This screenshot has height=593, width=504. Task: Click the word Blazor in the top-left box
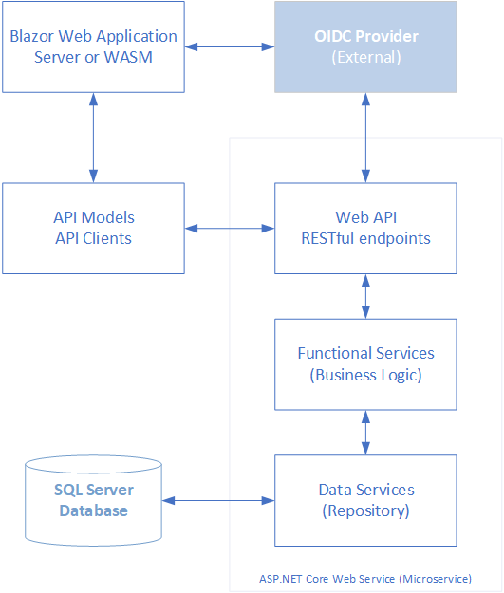32,36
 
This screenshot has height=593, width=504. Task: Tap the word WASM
128,57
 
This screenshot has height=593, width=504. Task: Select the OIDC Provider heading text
366,36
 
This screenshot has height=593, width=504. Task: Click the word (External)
366,58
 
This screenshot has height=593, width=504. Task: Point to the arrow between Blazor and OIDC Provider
230,46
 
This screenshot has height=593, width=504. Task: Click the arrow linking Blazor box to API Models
93,138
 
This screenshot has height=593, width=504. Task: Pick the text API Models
94,217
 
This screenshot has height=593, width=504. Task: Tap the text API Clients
93,239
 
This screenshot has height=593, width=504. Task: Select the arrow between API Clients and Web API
230,228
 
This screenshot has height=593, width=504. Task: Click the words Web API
365,217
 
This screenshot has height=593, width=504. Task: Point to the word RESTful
327,239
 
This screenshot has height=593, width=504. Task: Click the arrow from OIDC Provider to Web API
365,138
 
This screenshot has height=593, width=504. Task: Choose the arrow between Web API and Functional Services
365,296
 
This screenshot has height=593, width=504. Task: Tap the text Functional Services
365,353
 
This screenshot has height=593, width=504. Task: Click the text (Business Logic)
365,375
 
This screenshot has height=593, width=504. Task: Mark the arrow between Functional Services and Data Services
365,433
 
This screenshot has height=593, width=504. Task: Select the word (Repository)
365,511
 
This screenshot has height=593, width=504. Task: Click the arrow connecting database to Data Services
218,500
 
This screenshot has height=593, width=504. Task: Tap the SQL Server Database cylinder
93,500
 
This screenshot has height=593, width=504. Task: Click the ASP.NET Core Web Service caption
365,579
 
